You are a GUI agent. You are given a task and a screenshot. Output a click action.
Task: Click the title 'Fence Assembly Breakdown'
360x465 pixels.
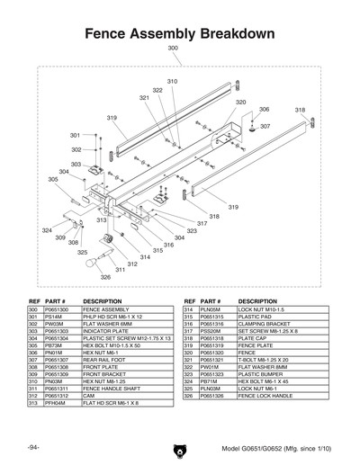click(x=179, y=33)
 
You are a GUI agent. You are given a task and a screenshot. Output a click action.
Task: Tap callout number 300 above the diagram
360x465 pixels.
click(x=173, y=49)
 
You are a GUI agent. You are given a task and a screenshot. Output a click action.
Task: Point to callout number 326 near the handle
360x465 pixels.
click(x=105, y=278)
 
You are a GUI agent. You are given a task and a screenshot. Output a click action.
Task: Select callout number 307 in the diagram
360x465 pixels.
click(x=265, y=127)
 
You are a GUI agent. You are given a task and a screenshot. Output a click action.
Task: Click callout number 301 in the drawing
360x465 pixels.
click(x=75, y=135)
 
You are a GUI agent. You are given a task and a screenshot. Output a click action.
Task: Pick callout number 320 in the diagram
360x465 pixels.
click(x=240, y=103)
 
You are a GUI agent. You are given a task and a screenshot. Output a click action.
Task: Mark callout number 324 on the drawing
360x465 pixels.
click(x=47, y=231)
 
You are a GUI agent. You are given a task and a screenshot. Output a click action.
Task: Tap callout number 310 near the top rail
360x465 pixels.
click(x=172, y=82)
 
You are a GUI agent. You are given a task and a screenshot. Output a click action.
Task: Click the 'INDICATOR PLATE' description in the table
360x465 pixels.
click(x=108, y=332)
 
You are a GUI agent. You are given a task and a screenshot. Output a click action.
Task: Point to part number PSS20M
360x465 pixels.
click(x=210, y=332)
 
